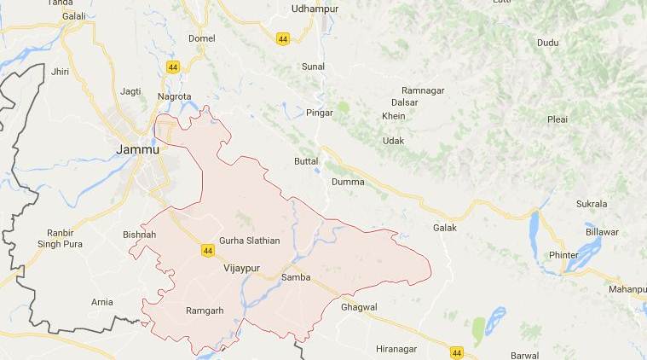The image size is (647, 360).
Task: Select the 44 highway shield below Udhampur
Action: click(282, 38)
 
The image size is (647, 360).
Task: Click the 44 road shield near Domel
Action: click(174, 67)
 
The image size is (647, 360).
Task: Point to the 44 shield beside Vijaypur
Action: click(208, 250)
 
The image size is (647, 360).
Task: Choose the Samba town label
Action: click(298, 279)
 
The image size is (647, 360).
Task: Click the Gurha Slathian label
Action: click(249, 241)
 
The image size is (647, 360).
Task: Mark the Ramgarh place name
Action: click(205, 311)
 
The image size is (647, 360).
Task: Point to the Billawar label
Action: click(601, 231)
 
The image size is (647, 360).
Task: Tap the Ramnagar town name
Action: click(425, 90)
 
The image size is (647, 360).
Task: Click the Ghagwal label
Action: click(358, 306)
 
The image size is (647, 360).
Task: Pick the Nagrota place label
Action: click(174, 96)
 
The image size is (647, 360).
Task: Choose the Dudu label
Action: click(547, 43)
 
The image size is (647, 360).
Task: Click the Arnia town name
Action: click(101, 302)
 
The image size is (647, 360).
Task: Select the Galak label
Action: click(445, 228)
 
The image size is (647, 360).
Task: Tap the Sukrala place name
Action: click(592, 204)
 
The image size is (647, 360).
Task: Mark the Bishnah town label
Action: click(139, 234)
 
